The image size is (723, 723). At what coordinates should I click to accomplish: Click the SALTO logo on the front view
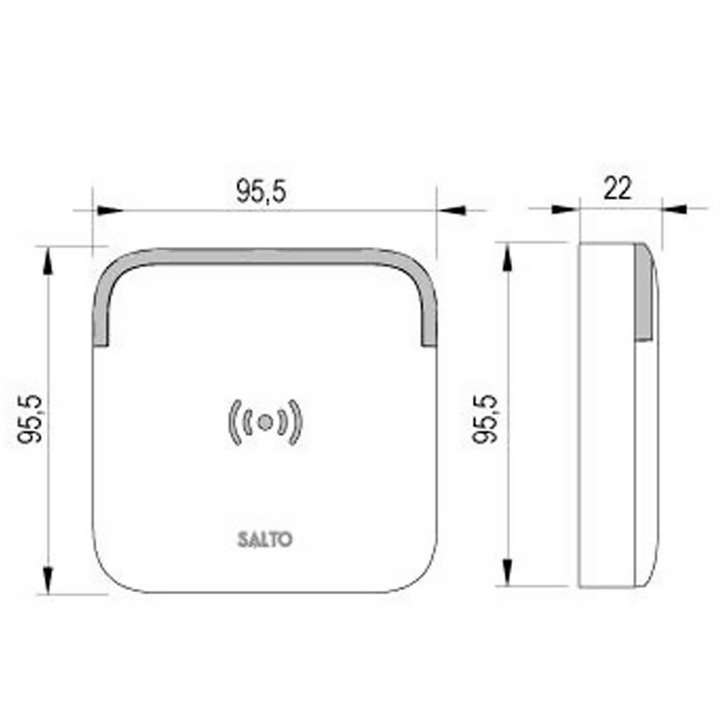(x=264, y=539)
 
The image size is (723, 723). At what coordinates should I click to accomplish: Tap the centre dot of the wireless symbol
(x=265, y=420)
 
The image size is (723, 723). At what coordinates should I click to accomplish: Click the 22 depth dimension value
(x=617, y=188)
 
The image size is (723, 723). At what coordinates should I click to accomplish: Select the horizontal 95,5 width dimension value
(x=261, y=191)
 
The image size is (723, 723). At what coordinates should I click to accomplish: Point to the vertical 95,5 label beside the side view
(x=488, y=417)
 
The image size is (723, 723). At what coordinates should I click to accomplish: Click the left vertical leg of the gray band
(x=99, y=308)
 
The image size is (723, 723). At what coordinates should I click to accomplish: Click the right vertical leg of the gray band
(x=429, y=308)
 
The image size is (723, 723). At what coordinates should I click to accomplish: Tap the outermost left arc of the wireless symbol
(x=230, y=420)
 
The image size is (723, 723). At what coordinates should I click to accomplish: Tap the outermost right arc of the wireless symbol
(x=300, y=420)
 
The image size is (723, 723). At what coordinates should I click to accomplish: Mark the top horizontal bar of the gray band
(x=264, y=256)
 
